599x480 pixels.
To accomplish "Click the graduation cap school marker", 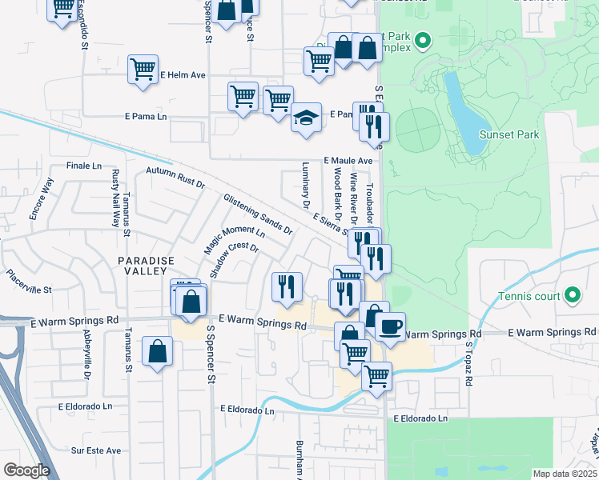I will click(x=306, y=118).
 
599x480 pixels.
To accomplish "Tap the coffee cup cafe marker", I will click(x=390, y=326).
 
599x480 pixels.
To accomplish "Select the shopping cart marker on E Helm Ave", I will click(x=143, y=70).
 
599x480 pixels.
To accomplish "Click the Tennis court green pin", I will click(x=572, y=296).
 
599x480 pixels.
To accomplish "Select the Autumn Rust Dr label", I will click(x=175, y=177).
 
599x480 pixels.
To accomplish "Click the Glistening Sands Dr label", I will click(x=258, y=213).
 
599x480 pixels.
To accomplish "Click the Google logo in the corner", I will click(x=26, y=470).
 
